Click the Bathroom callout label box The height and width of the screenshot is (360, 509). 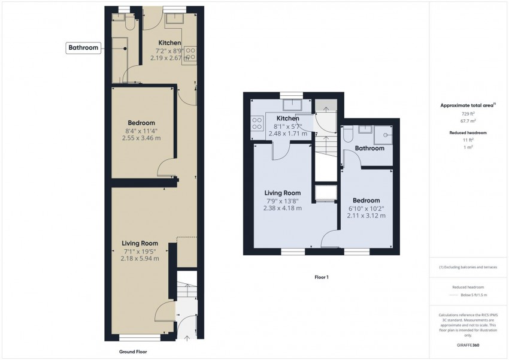pyautogui.click(x=83, y=48)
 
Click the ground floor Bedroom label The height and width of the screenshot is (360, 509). pyautogui.click(x=141, y=123)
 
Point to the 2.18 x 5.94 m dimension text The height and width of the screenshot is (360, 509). pyautogui.click(x=140, y=259)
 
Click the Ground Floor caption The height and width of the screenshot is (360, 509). pyautogui.click(x=133, y=352)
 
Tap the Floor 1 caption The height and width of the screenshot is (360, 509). pyautogui.click(x=322, y=277)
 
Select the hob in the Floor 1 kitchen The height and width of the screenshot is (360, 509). pyautogui.click(x=258, y=123)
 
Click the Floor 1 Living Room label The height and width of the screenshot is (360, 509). pyautogui.click(x=282, y=193)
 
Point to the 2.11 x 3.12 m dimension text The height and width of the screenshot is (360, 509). pyautogui.click(x=366, y=216)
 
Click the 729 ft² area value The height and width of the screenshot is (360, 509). pyautogui.click(x=468, y=113)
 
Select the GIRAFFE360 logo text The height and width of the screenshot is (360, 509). pyautogui.click(x=468, y=346)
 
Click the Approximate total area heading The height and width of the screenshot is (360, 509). pyautogui.click(x=467, y=105)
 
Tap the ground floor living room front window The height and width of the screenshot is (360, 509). pyautogui.click(x=135, y=337)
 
